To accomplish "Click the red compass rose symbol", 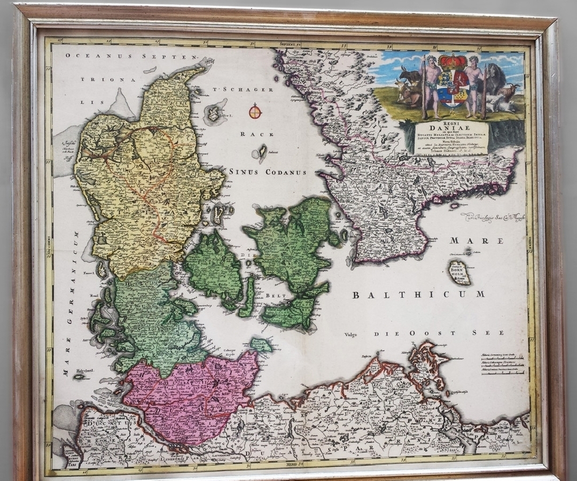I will [255, 111].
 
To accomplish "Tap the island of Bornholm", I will [460, 272].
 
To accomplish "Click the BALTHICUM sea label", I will [418, 294].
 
